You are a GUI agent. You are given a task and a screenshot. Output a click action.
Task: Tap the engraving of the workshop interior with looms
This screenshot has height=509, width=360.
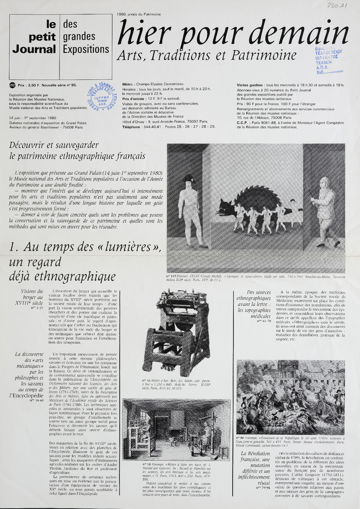pos(177,429)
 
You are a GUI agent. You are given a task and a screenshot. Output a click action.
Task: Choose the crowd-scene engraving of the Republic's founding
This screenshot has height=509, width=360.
pos(290,397)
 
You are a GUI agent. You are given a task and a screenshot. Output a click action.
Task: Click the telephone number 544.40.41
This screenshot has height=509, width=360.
pos(153,126)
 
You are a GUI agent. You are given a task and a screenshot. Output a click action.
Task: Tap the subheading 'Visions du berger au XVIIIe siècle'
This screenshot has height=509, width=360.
pos(33,297)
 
